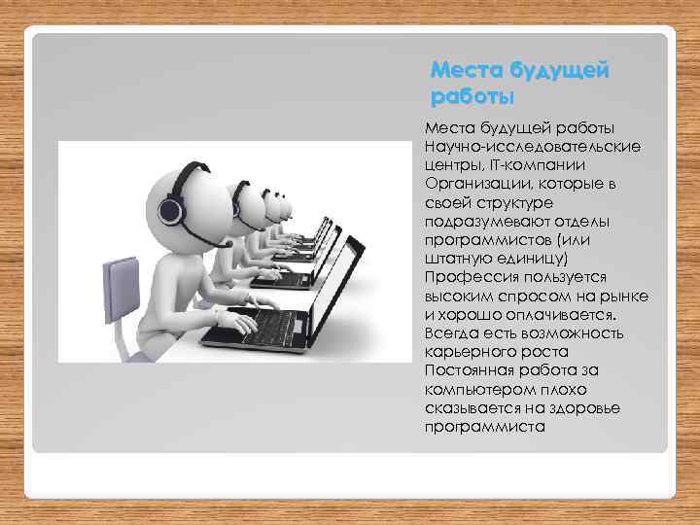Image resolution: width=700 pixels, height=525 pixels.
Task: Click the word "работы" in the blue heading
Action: tap(471, 97)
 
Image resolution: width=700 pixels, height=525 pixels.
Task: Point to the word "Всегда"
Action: tap(449, 333)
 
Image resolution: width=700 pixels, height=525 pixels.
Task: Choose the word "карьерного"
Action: tap(468, 352)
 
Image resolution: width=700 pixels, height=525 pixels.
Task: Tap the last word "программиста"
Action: tap(484, 427)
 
